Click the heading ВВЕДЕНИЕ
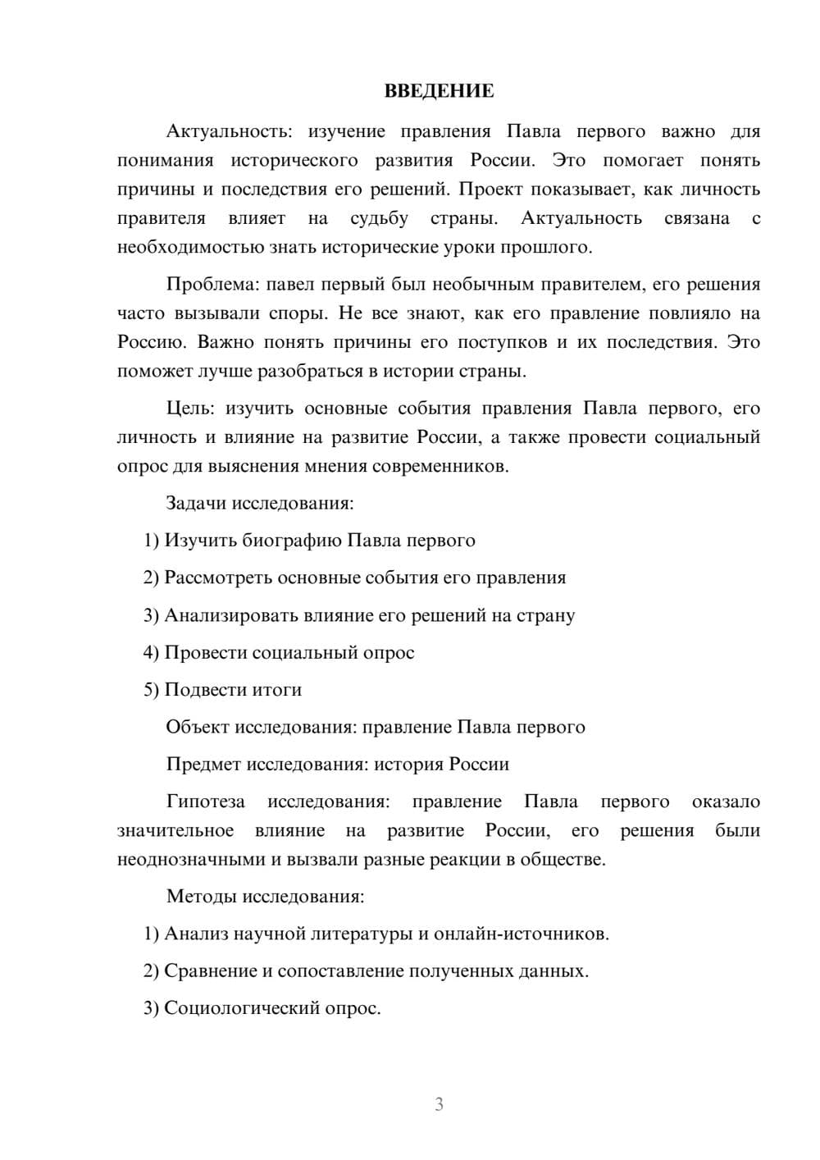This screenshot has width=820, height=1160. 439,91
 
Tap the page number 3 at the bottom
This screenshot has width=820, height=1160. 439,1104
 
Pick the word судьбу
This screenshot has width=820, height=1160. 379,218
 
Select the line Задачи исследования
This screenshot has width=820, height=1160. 259,503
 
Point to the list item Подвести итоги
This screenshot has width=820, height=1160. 233,690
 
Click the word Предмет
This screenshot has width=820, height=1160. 203,765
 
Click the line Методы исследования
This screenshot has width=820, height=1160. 265,896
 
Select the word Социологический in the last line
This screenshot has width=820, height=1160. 235,1008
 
